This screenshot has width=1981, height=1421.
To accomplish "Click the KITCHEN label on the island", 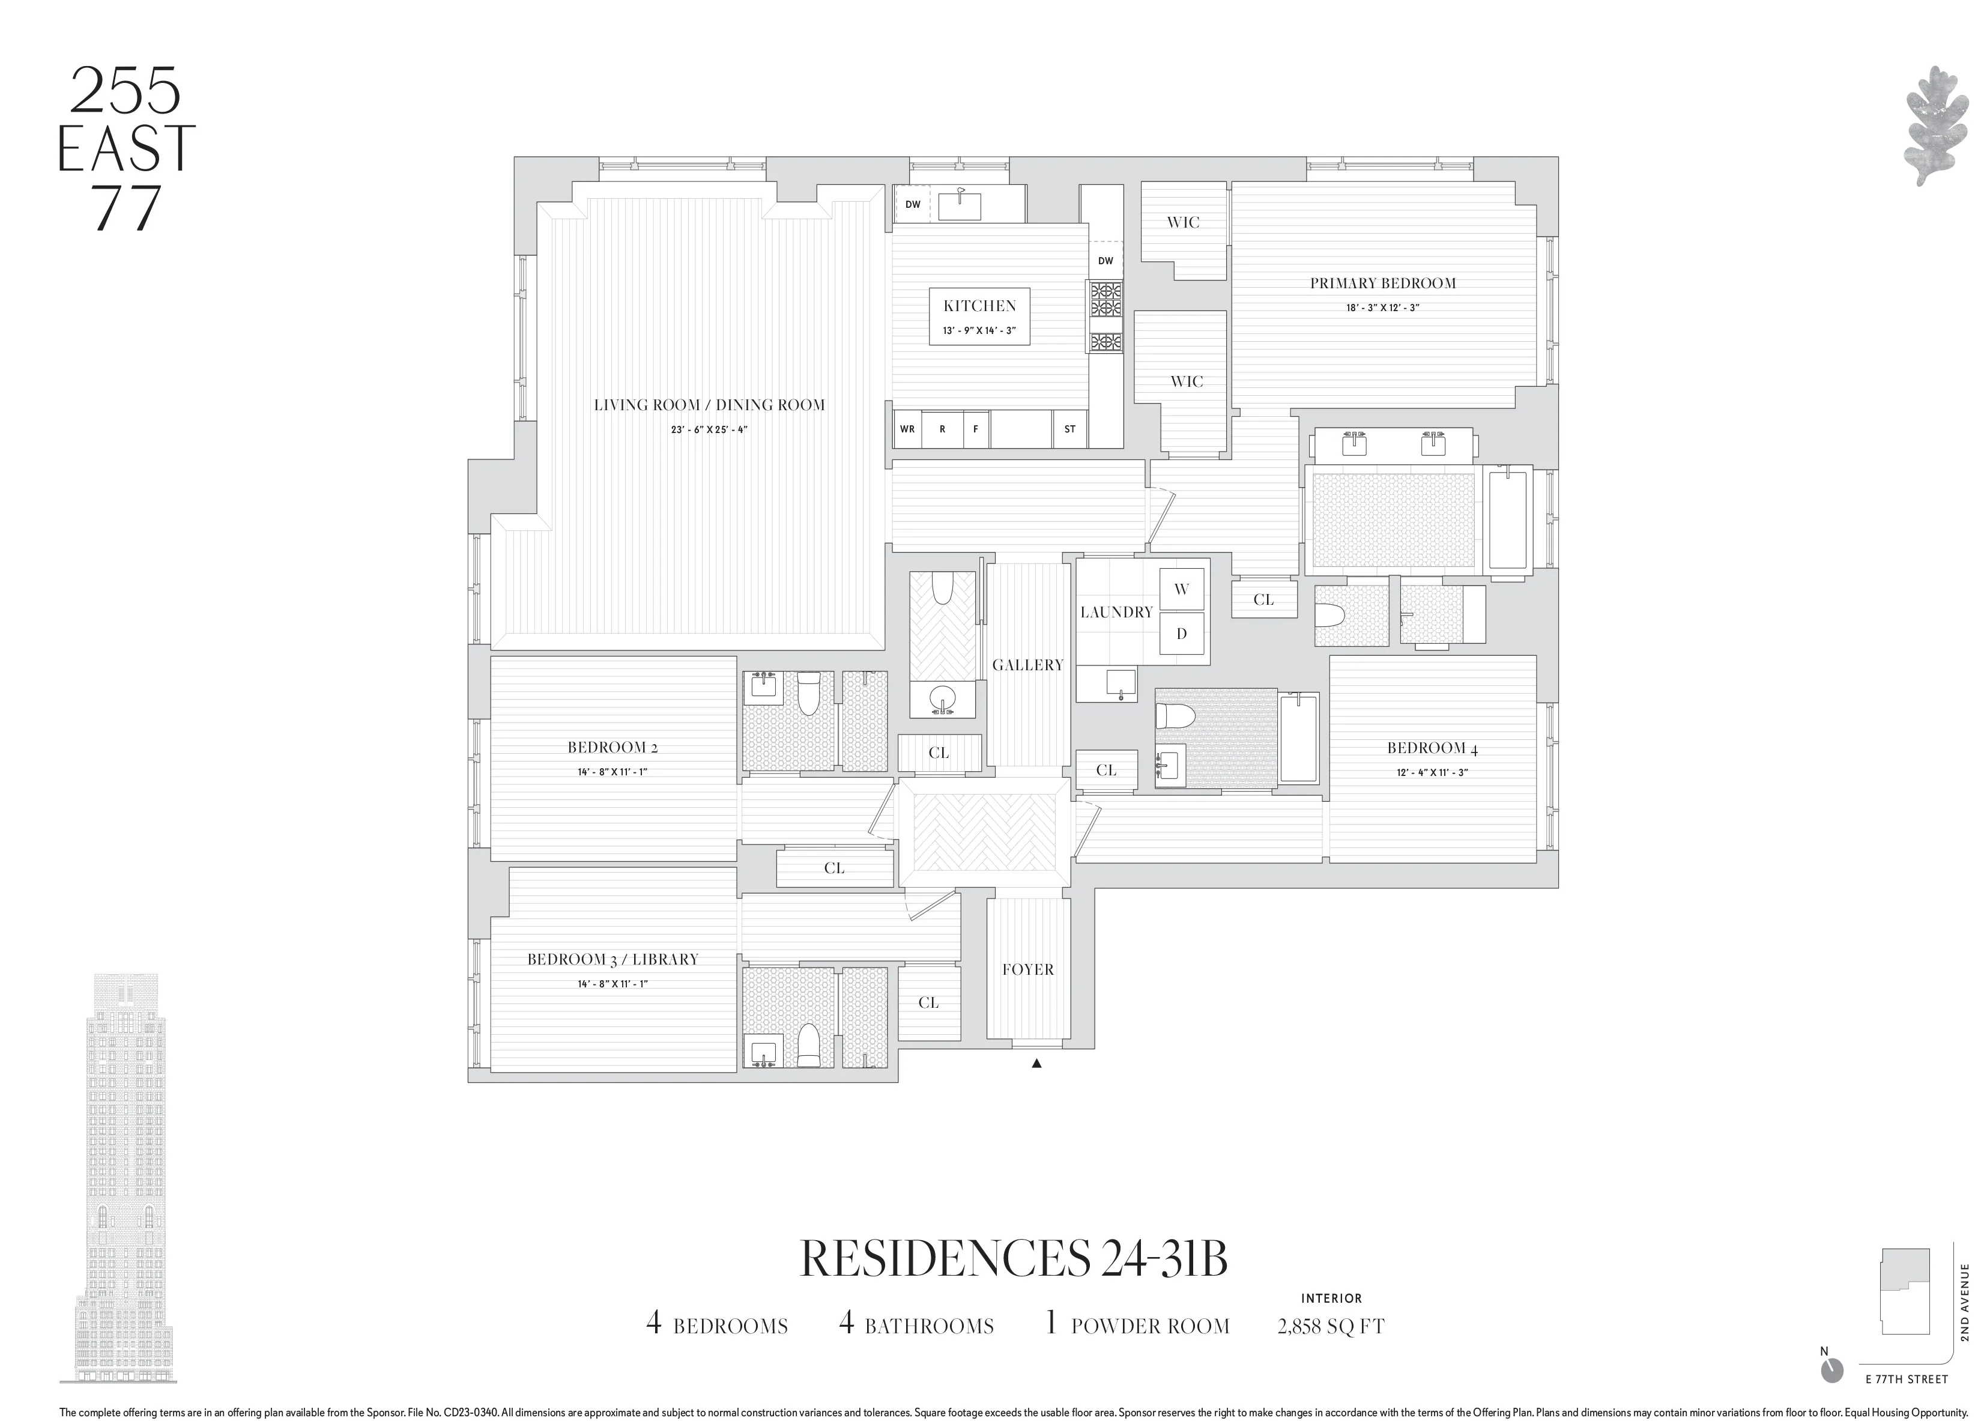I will click(x=979, y=306).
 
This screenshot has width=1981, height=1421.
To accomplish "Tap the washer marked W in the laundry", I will click(x=1181, y=590).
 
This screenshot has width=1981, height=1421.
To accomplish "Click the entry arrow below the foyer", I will click(x=1037, y=1064).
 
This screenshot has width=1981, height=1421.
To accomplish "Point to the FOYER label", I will click(x=1027, y=969).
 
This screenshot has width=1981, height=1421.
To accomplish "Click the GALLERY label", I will click(x=1027, y=665).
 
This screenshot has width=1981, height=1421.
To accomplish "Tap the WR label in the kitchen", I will click(x=907, y=429).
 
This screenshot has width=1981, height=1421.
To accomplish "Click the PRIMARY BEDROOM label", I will click(x=1383, y=283).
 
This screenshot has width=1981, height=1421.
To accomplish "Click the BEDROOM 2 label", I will click(x=612, y=748).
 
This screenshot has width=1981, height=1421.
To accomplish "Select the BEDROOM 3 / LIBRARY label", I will click(x=612, y=960).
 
